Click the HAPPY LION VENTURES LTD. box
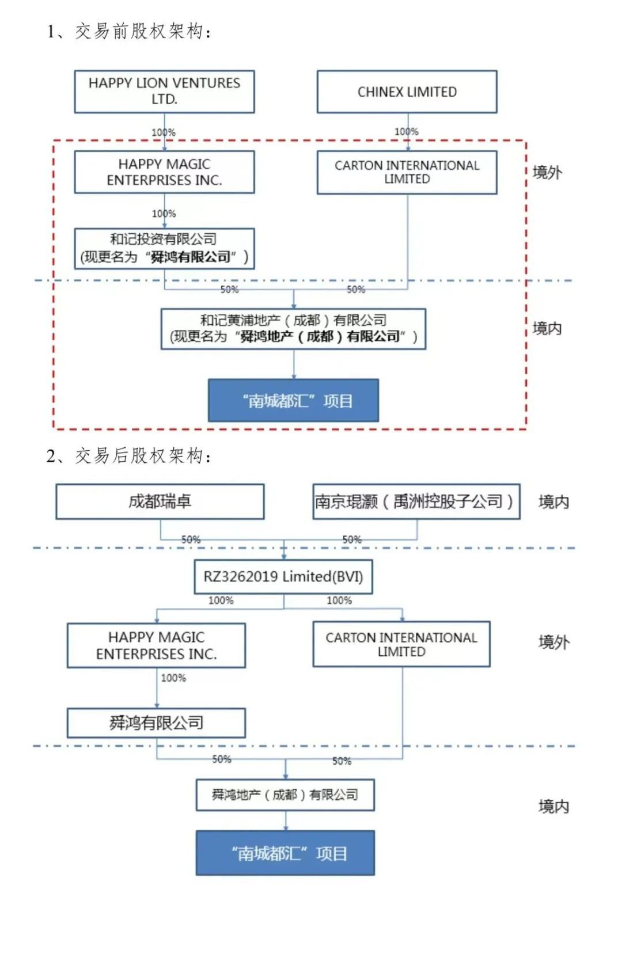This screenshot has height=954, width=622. click(164, 92)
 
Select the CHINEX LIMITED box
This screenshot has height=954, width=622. click(407, 92)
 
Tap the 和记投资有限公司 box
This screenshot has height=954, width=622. click(164, 248)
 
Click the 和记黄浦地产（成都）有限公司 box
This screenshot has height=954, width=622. click(293, 329)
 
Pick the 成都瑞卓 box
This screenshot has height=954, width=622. click(160, 501)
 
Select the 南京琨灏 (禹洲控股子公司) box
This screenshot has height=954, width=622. click(416, 501)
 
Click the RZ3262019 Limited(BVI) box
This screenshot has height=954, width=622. click(283, 576)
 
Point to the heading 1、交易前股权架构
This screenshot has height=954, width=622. click(129, 31)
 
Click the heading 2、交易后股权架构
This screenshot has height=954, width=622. click(129, 456)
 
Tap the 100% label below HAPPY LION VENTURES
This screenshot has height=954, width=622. click(164, 132)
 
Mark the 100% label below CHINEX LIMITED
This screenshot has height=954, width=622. click(407, 132)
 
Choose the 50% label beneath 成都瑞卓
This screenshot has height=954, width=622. click(191, 539)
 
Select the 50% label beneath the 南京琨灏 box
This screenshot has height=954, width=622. click(352, 539)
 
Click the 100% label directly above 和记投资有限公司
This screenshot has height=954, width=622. click(164, 214)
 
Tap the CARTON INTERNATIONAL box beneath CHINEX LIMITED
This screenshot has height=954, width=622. click(407, 172)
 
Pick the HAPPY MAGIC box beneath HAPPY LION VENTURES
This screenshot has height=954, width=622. click(164, 172)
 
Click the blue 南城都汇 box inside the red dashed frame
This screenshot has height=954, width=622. click(293, 401)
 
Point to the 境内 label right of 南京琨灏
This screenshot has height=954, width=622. click(553, 502)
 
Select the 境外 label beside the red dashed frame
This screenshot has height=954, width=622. click(547, 172)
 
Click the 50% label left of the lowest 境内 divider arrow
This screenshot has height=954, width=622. click(222, 759)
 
